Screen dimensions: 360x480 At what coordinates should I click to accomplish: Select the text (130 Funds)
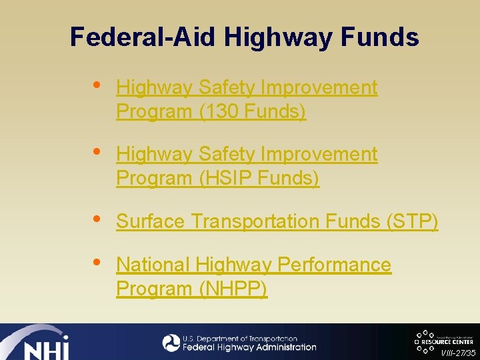pos(252,111)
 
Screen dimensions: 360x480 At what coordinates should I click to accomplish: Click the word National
pos(153,265)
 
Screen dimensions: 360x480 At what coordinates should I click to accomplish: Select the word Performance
pos(334,265)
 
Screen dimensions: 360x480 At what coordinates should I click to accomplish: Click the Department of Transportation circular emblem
pos(171,343)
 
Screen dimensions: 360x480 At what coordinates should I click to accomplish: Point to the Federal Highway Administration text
pos(249,347)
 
